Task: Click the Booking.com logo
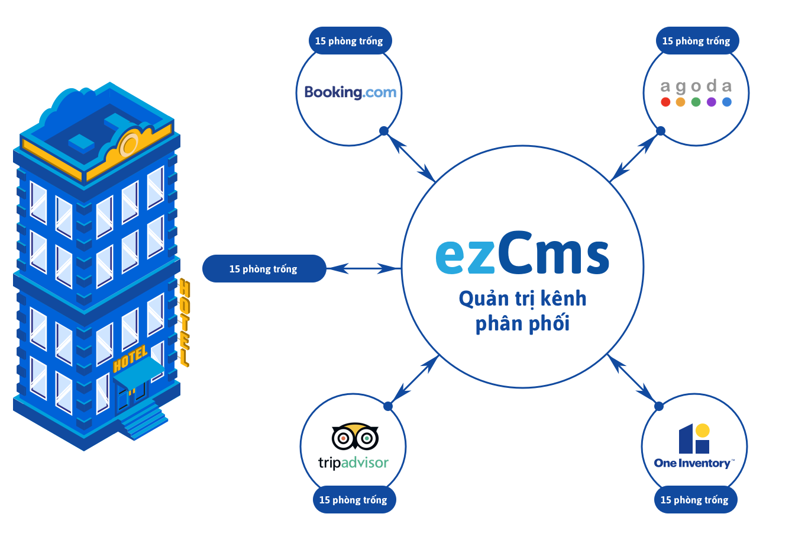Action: (x=350, y=92)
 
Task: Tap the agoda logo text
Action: (x=696, y=86)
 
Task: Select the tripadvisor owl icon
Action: (x=355, y=437)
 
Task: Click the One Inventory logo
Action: (x=694, y=447)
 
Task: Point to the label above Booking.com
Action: (x=349, y=41)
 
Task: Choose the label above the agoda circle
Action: (x=696, y=41)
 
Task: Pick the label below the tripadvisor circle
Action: (x=353, y=500)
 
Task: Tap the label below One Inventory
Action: (x=694, y=500)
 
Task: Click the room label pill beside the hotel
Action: (x=264, y=269)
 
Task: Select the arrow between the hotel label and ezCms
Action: (x=364, y=269)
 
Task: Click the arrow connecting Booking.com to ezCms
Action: (x=411, y=156)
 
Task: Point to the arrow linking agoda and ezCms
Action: (x=634, y=156)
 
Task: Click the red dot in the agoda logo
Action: (x=665, y=102)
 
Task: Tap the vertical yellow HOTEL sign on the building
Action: (x=184, y=323)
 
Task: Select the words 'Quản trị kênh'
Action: (x=522, y=298)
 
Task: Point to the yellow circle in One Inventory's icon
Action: (x=702, y=431)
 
